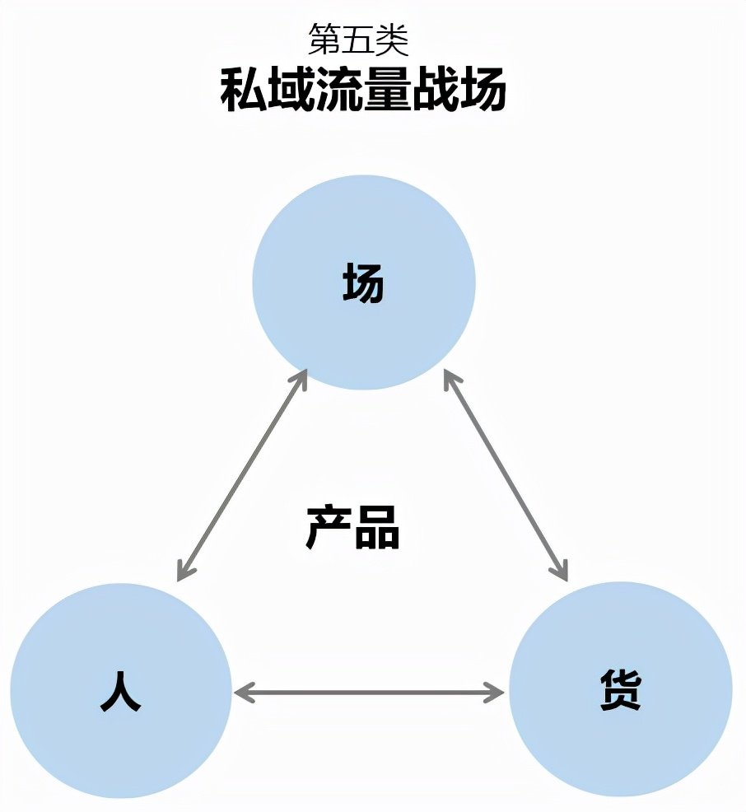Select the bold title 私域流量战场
363,90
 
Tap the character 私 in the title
244,90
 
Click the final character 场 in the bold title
483,90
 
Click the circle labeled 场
363,282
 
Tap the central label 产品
353,527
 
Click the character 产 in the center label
329,527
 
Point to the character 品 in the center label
377,527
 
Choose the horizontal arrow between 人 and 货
369,693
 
